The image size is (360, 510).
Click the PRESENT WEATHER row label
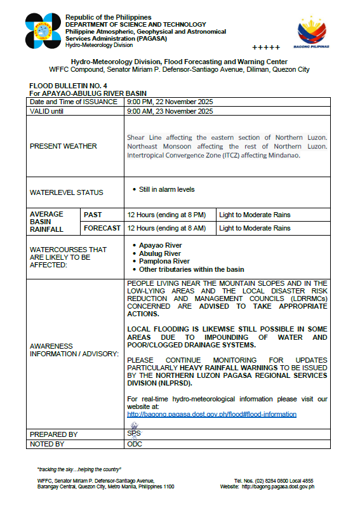point(63,146)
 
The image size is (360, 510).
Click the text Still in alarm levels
point(166,189)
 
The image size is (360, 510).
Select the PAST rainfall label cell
point(93,215)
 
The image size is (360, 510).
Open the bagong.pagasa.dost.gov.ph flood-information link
point(212,414)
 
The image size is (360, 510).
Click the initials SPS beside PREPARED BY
point(134,433)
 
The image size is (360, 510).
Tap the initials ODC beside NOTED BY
point(135,444)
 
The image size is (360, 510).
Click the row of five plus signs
point(265,48)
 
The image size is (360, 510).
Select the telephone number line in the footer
point(274,481)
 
